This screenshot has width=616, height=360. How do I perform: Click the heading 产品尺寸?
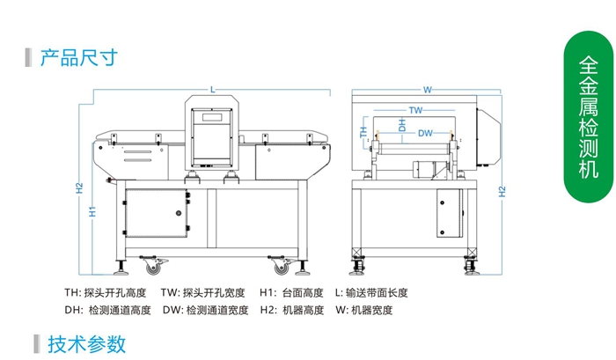(x=78, y=58)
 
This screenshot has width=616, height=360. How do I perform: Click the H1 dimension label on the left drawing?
(x=92, y=210)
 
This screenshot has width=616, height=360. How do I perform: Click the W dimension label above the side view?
(x=427, y=89)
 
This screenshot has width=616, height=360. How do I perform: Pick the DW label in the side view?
(x=425, y=133)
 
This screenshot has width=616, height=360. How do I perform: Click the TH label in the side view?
(x=363, y=132)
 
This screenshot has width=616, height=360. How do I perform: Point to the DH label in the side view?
(x=403, y=126)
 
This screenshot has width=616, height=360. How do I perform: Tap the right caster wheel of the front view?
(x=280, y=263)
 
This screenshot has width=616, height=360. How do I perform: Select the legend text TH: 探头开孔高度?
(x=105, y=292)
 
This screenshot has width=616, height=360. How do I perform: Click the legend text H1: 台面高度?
(x=290, y=292)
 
